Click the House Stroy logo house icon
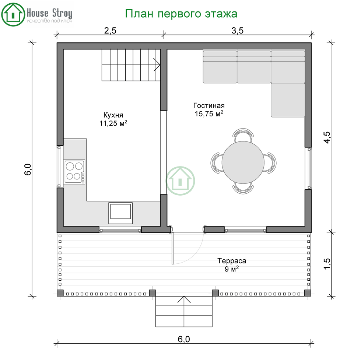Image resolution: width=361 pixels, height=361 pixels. pos(13,14)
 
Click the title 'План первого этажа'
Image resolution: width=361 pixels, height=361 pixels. pos(181,14)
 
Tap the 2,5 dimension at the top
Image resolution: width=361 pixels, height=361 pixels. pos(110,30)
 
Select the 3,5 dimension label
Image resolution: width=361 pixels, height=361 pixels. pos(237,30)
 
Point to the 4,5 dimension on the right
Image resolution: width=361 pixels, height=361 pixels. pos(327,137)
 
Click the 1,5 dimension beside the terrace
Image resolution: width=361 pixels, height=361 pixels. pos(327,264)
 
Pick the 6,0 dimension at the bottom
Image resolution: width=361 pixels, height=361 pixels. pos(184,339)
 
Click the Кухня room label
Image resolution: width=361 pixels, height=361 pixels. pos(113,115)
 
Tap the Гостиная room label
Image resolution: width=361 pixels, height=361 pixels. pos(209,105)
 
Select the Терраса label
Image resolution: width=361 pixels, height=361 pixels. pos(232,261)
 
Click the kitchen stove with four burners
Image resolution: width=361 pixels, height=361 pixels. pos(74,172)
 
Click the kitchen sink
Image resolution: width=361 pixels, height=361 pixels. pos(120,213)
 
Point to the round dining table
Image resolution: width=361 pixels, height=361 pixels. pos(243,162)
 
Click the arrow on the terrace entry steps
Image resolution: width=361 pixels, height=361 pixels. pos(184,311)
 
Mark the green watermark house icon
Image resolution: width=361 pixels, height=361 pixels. pos(180,181)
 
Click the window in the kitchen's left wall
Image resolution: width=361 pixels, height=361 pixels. pos(59,167)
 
